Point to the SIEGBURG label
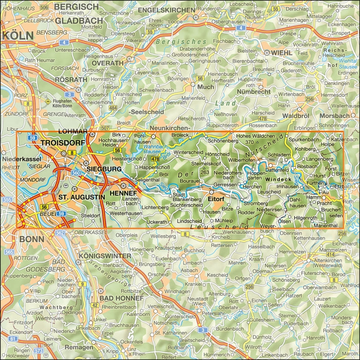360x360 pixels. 104,169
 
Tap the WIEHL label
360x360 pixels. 282,53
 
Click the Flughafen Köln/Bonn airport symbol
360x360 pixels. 48,103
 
